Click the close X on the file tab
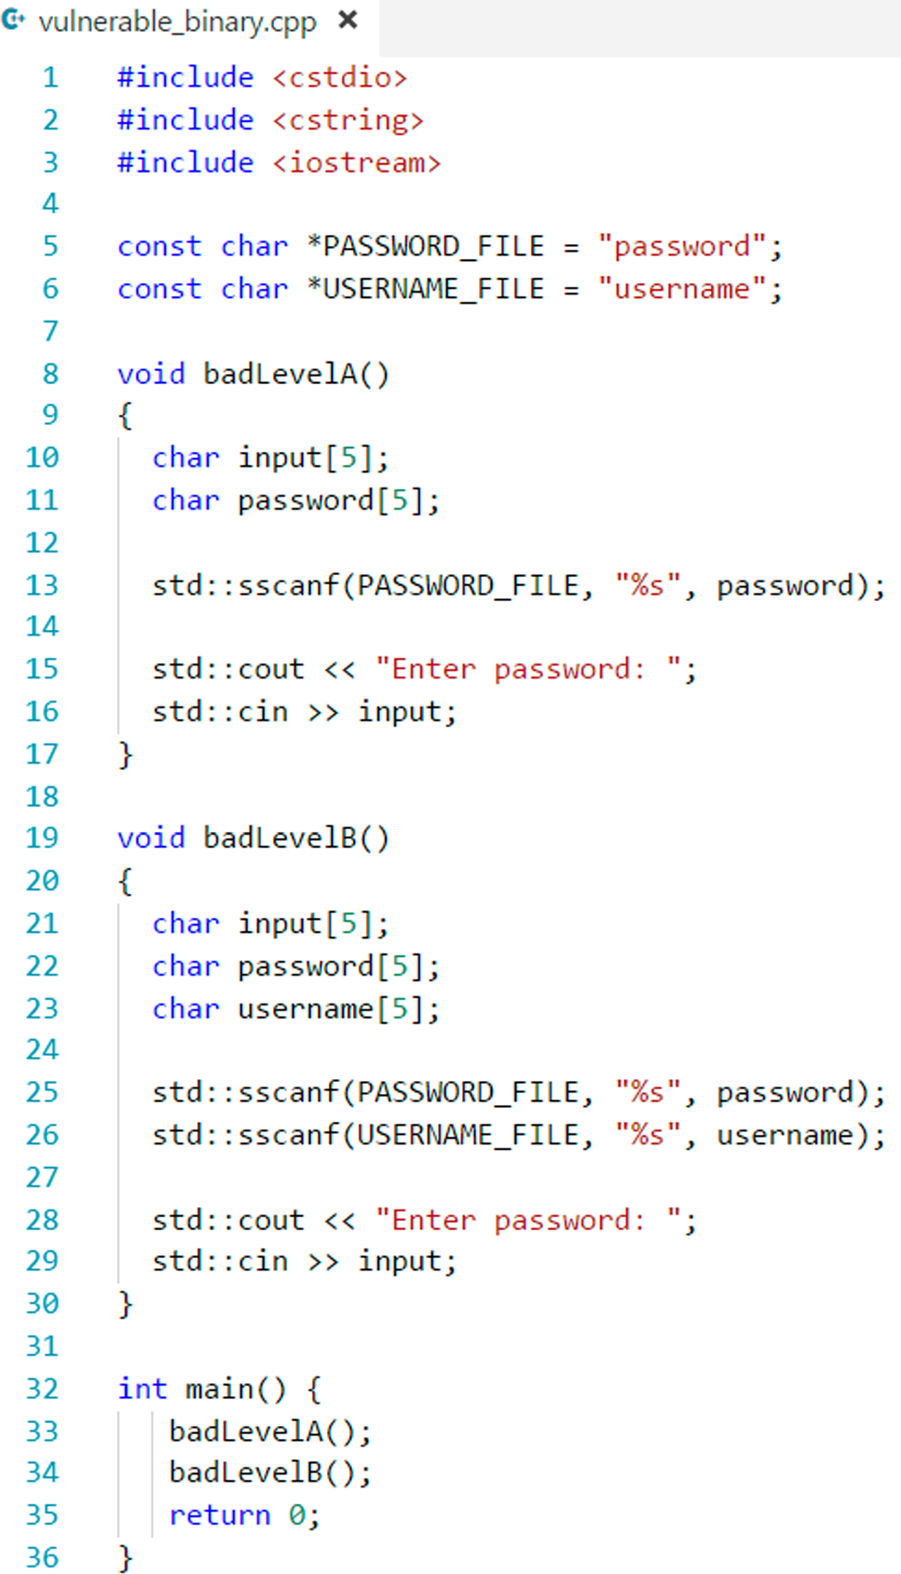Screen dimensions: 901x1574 (x=348, y=20)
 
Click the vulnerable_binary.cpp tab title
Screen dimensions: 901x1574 (x=177, y=21)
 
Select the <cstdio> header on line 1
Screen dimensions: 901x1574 (x=339, y=77)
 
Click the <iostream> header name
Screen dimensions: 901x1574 (x=356, y=163)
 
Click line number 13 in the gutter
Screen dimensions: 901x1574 (x=42, y=586)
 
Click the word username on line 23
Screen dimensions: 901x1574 (x=306, y=1009)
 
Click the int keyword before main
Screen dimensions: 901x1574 (x=142, y=1389)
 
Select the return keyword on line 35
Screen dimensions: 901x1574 (x=219, y=1515)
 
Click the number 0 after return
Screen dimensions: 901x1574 (x=296, y=1515)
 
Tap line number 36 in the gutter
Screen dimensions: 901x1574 (x=42, y=1557)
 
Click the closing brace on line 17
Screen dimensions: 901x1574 (x=126, y=754)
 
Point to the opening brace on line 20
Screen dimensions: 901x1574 (x=126, y=881)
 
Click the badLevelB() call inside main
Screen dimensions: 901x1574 (x=269, y=1472)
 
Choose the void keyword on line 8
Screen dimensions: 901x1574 (x=151, y=375)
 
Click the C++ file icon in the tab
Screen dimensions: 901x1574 (x=14, y=20)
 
